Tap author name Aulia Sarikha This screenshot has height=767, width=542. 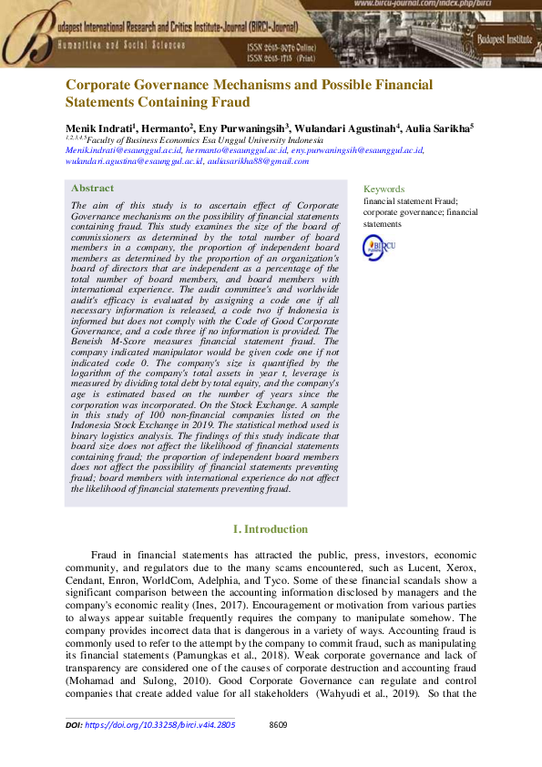coord(440,129)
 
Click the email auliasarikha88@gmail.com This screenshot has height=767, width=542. coord(258,160)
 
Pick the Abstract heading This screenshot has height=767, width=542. coord(92,189)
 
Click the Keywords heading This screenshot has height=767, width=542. coord(383,189)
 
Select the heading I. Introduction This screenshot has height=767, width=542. coord(271,529)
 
